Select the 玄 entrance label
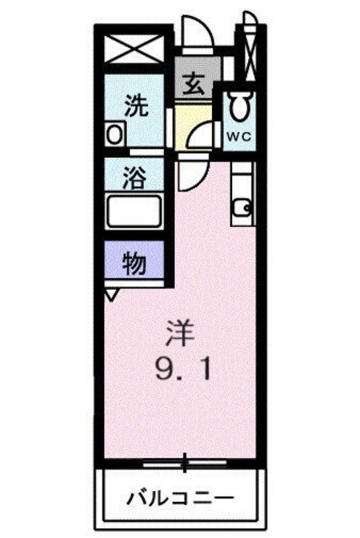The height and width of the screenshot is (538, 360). pyautogui.click(x=192, y=85)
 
